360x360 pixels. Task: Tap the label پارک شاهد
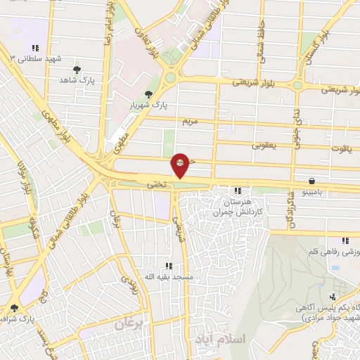pos(78,81)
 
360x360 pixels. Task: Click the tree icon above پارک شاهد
pos(77,70)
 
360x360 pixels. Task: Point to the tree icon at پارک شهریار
pos(148,94)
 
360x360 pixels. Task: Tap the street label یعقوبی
pos(264,145)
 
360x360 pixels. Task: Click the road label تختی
pos(155,185)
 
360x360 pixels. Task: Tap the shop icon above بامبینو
pos(311,181)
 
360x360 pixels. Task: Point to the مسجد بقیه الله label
pos(168,276)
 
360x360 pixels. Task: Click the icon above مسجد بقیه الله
pos(168,266)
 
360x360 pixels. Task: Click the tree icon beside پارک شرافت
pos(14,308)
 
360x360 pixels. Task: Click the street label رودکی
pos(129,284)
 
